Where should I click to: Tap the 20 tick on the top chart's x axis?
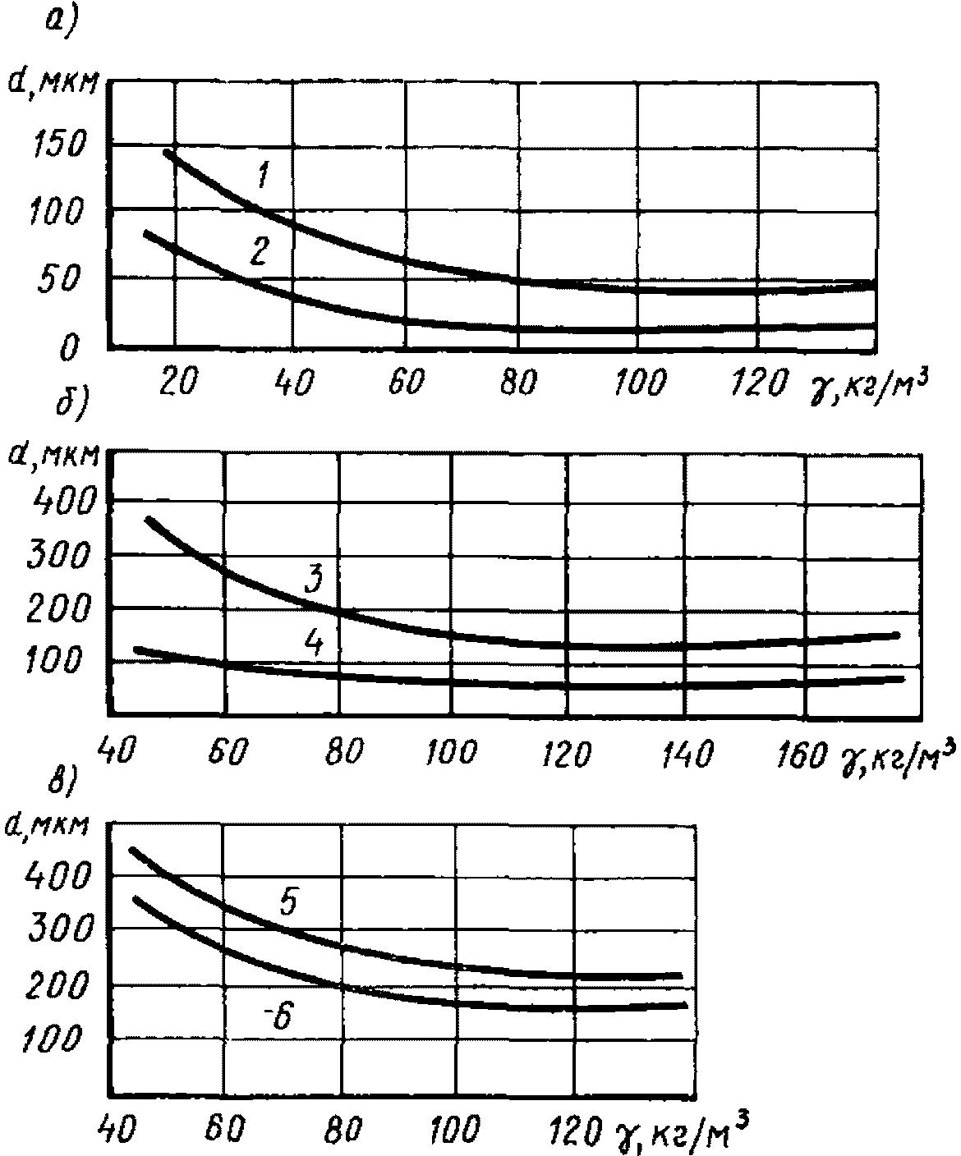[x=175, y=383]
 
